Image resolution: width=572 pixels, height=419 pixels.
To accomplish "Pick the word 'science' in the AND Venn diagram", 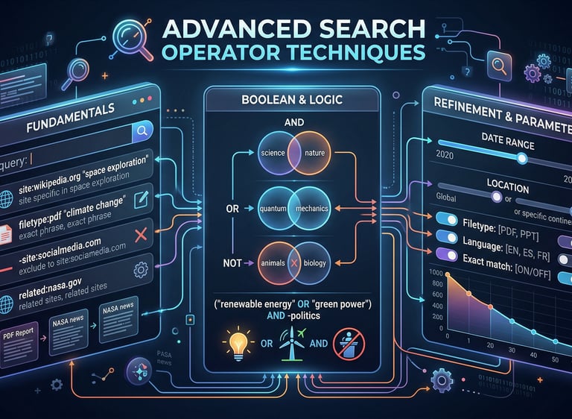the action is click(x=275, y=153).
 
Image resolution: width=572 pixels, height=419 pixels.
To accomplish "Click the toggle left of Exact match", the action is click(x=448, y=256).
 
